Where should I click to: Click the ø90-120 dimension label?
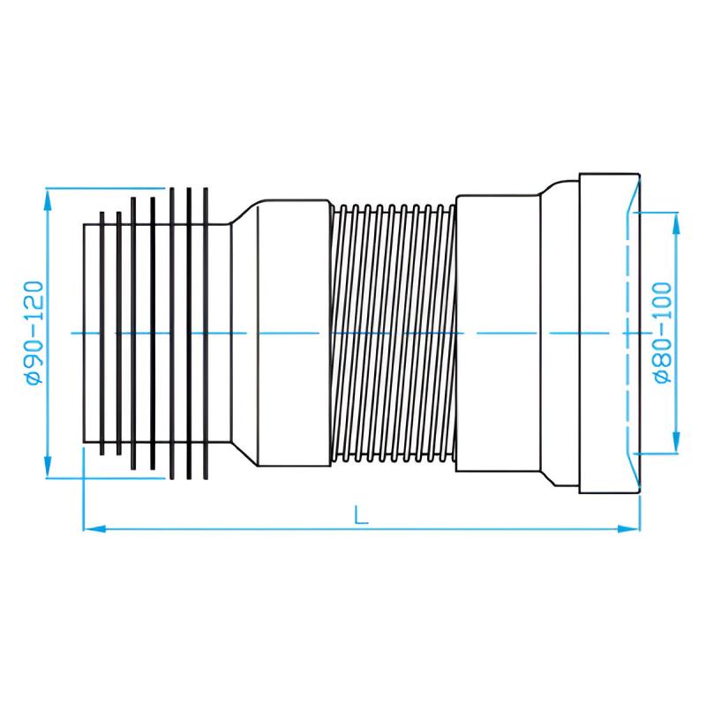tap(34, 333)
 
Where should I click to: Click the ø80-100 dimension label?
tap(663, 333)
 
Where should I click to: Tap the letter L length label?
tap(361, 515)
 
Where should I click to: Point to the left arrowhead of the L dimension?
tap(94, 529)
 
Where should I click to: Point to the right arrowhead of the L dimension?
tap(629, 529)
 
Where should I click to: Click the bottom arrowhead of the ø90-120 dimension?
tap(48, 467)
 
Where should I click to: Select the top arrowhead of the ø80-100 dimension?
tap(675, 223)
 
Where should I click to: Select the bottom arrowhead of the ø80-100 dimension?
tap(675, 442)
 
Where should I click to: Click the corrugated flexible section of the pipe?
tap(393, 334)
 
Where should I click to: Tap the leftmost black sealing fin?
tap(102, 334)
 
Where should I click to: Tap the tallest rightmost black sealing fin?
tap(206, 334)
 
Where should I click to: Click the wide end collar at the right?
tap(609, 334)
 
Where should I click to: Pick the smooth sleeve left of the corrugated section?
tap(294, 334)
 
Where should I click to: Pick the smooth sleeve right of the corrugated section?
tap(498, 334)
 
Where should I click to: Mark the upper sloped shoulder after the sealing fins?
tap(244, 212)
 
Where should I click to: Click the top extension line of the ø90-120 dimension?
tap(106, 188)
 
